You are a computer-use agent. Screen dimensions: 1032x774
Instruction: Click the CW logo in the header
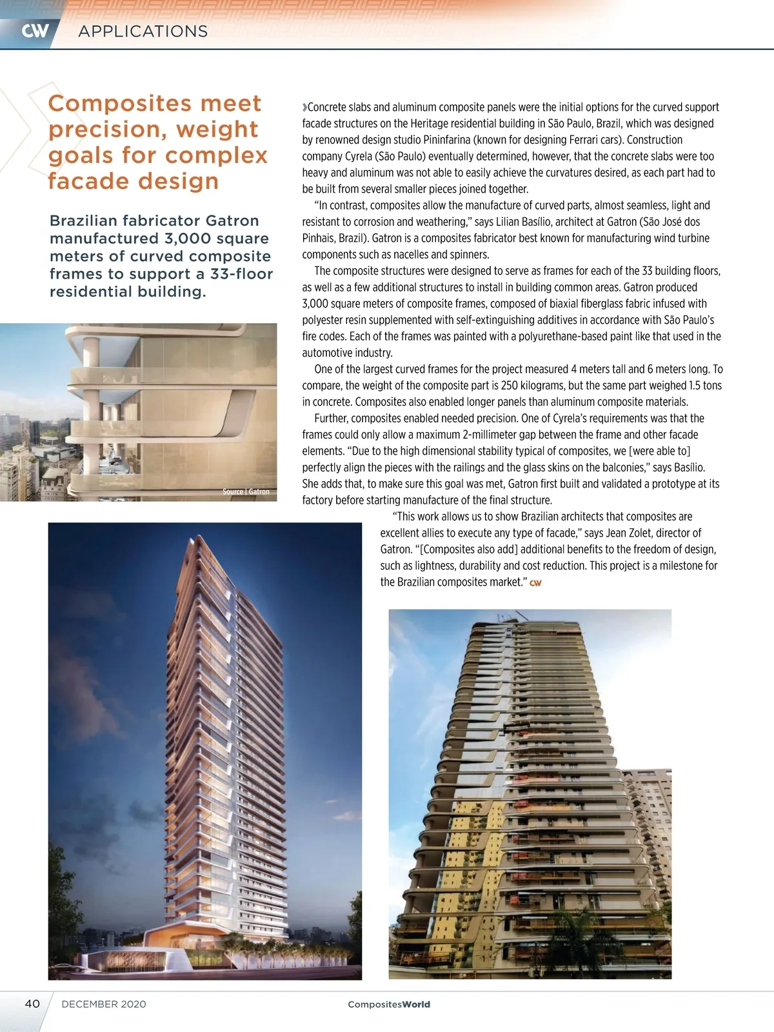click(x=35, y=31)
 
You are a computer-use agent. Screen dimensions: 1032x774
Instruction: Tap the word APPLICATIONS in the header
click(x=143, y=32)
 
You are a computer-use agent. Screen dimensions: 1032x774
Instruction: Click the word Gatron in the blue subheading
click(x=232, y=221)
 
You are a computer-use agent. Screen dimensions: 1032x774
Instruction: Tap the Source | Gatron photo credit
click(x=246, y=491)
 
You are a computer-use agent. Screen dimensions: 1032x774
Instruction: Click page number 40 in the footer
click(x=32, y=1004)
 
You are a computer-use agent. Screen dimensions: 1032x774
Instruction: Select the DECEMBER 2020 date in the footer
click(x=104, y=1004)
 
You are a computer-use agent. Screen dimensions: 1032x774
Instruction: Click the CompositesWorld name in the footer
click(x=388, y=1004)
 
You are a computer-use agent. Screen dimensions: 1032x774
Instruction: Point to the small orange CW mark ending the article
click(x=535, y=583)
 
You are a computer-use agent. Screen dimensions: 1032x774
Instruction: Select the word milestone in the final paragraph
click(x=681, y=566)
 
